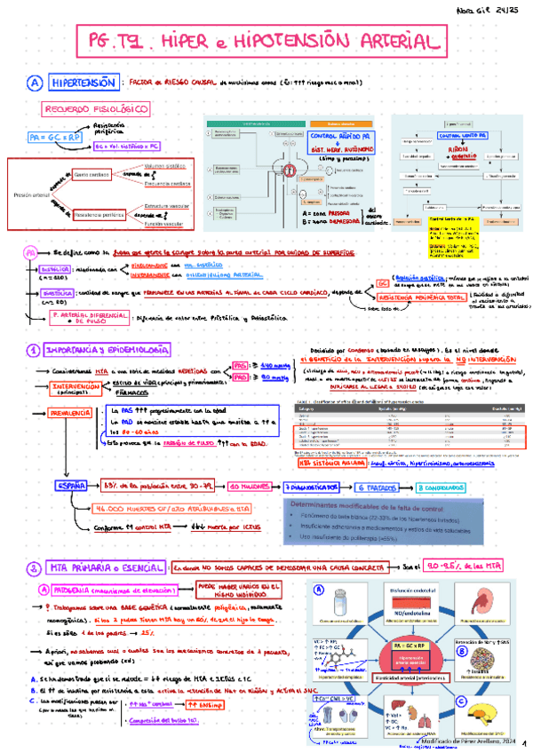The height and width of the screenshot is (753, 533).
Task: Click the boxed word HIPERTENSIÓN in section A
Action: [x=82, y=83]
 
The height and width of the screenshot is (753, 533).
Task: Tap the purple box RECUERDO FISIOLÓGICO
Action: [x=87, y=109]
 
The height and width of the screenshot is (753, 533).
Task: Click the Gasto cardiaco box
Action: [x=92, y=174]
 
